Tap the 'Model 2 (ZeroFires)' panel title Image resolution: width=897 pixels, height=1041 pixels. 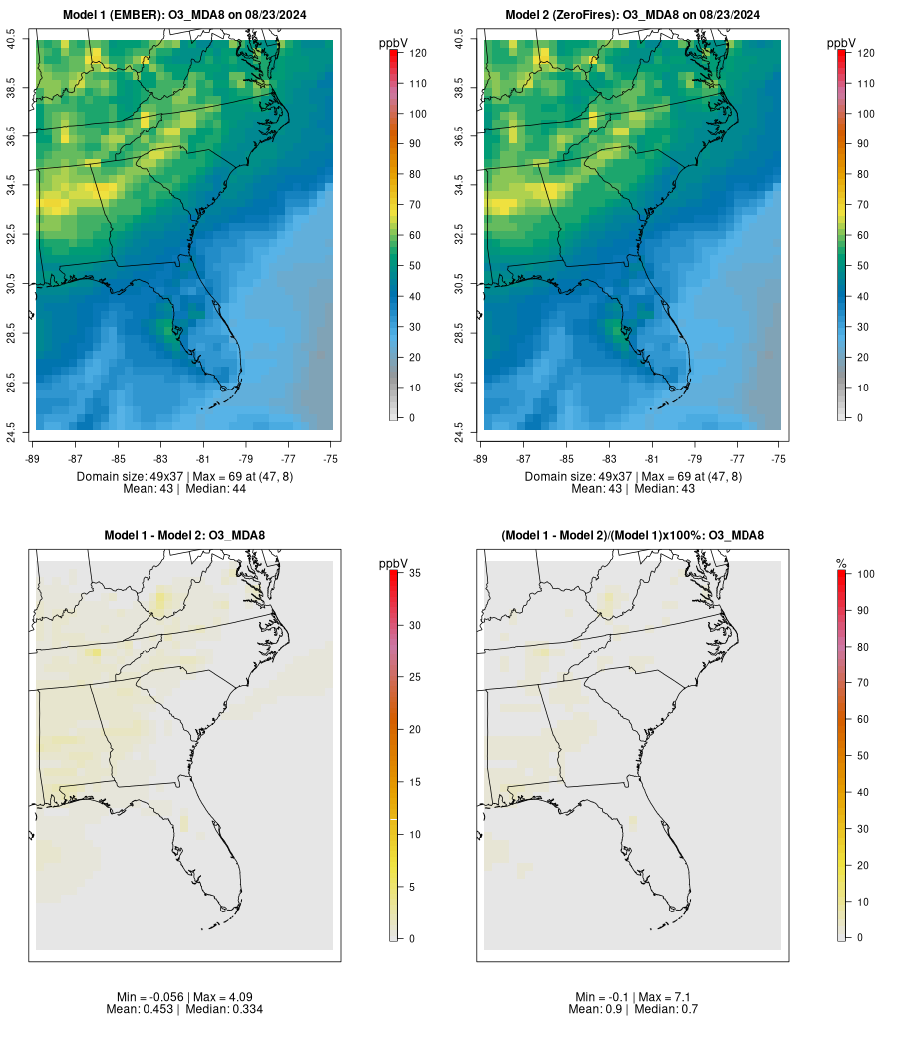(633, 15)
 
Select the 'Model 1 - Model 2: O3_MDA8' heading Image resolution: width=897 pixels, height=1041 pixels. (184, 536)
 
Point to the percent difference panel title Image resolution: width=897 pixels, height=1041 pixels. (633, 536)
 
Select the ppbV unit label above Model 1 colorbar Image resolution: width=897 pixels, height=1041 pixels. (394, 43)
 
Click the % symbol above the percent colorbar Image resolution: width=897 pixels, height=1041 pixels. (841, 564)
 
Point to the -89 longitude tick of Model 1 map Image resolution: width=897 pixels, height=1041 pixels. (33, 458)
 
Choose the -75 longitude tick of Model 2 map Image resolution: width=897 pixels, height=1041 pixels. (779, 458)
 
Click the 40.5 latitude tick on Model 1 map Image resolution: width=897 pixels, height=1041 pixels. (11, 40)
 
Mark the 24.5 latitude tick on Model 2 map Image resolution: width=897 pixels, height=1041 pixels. (459, 430)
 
